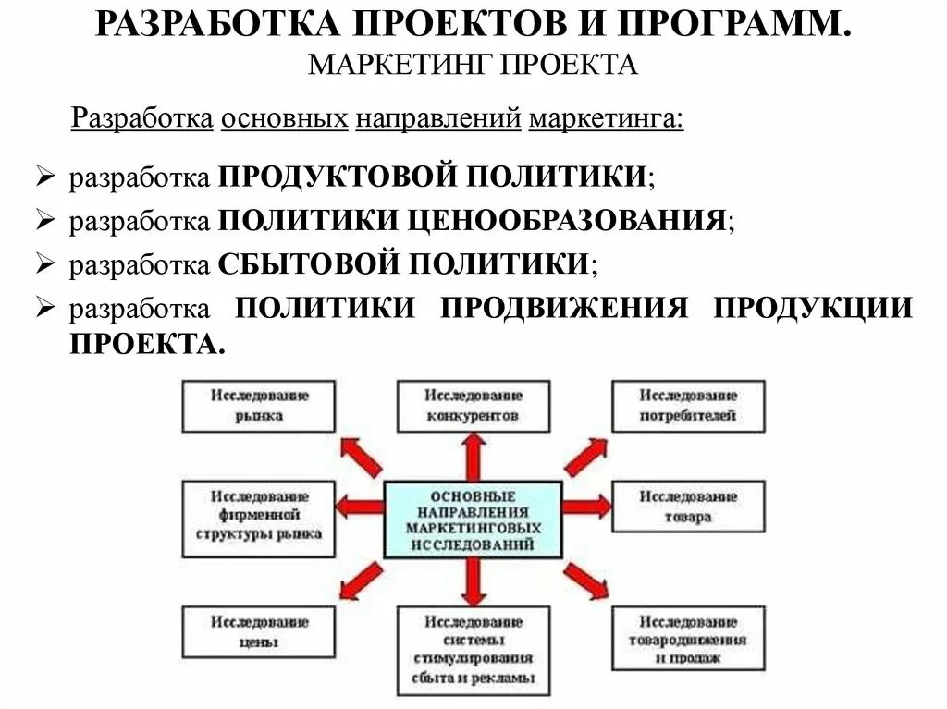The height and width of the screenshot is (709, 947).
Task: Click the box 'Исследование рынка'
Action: click(x=259, y=405)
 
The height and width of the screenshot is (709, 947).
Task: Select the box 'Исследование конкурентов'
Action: click(x=473, y=405)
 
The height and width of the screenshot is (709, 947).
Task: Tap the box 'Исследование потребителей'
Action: click(x=688, y=405)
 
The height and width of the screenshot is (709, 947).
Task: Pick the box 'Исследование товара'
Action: click(x=688, y=506)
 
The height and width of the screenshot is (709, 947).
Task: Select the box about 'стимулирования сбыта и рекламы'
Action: click(x=473, y=651)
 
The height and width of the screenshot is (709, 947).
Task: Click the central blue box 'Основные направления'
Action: click(x=473, y=519)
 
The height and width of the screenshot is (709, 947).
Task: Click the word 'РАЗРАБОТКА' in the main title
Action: click(x=210, y=25)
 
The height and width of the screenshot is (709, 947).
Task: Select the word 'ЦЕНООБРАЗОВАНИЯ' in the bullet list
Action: click(x=567, y=220)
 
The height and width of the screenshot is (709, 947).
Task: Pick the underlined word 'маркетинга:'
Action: click(x=606, y=119)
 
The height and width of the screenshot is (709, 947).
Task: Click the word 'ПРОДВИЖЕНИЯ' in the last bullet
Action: click(x=564, y=307)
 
